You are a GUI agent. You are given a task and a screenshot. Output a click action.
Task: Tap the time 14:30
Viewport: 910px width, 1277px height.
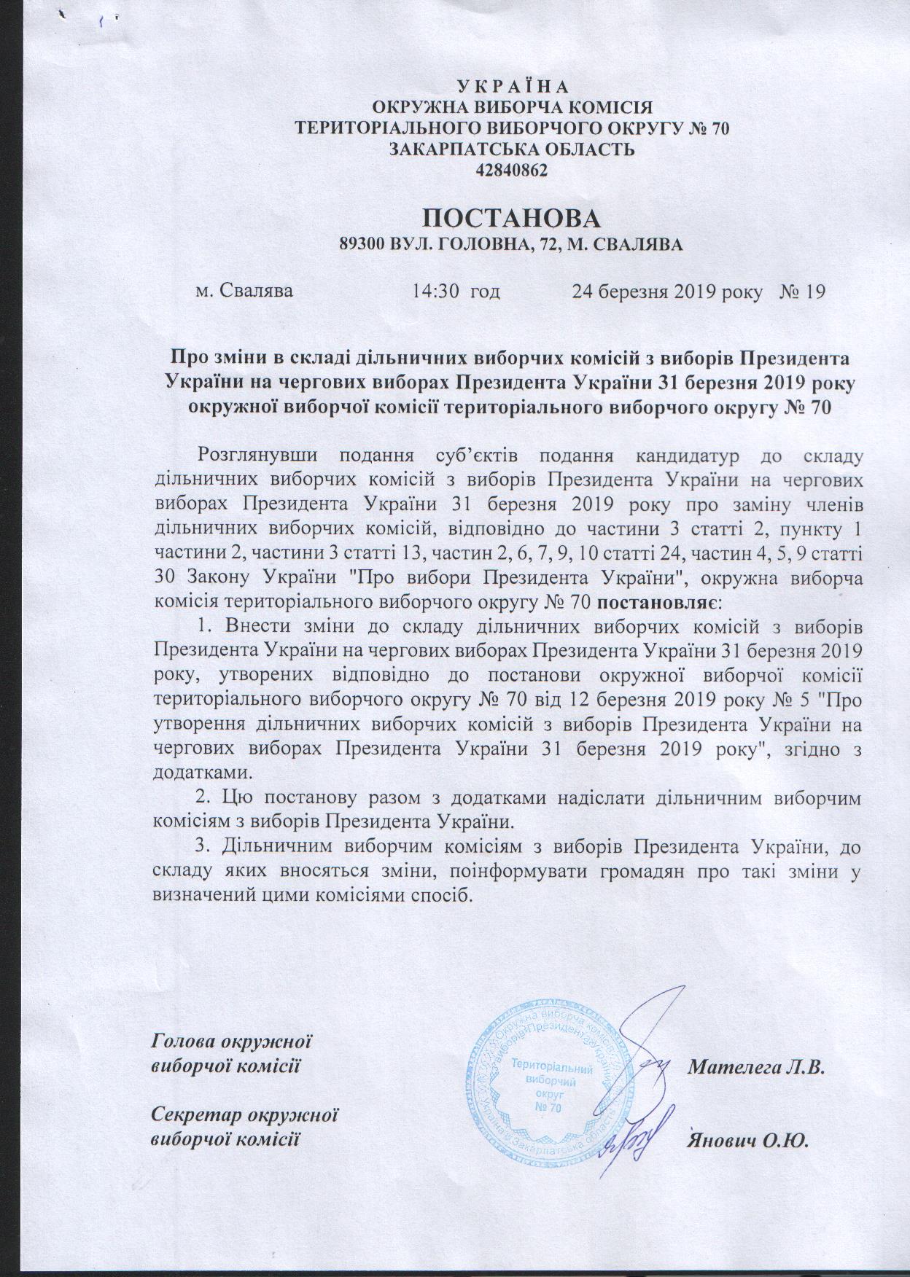pyautogui.click(x=435, y=292)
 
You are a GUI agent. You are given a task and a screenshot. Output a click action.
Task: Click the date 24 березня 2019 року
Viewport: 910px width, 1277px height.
pyautogui.click(x=667, y=292)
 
